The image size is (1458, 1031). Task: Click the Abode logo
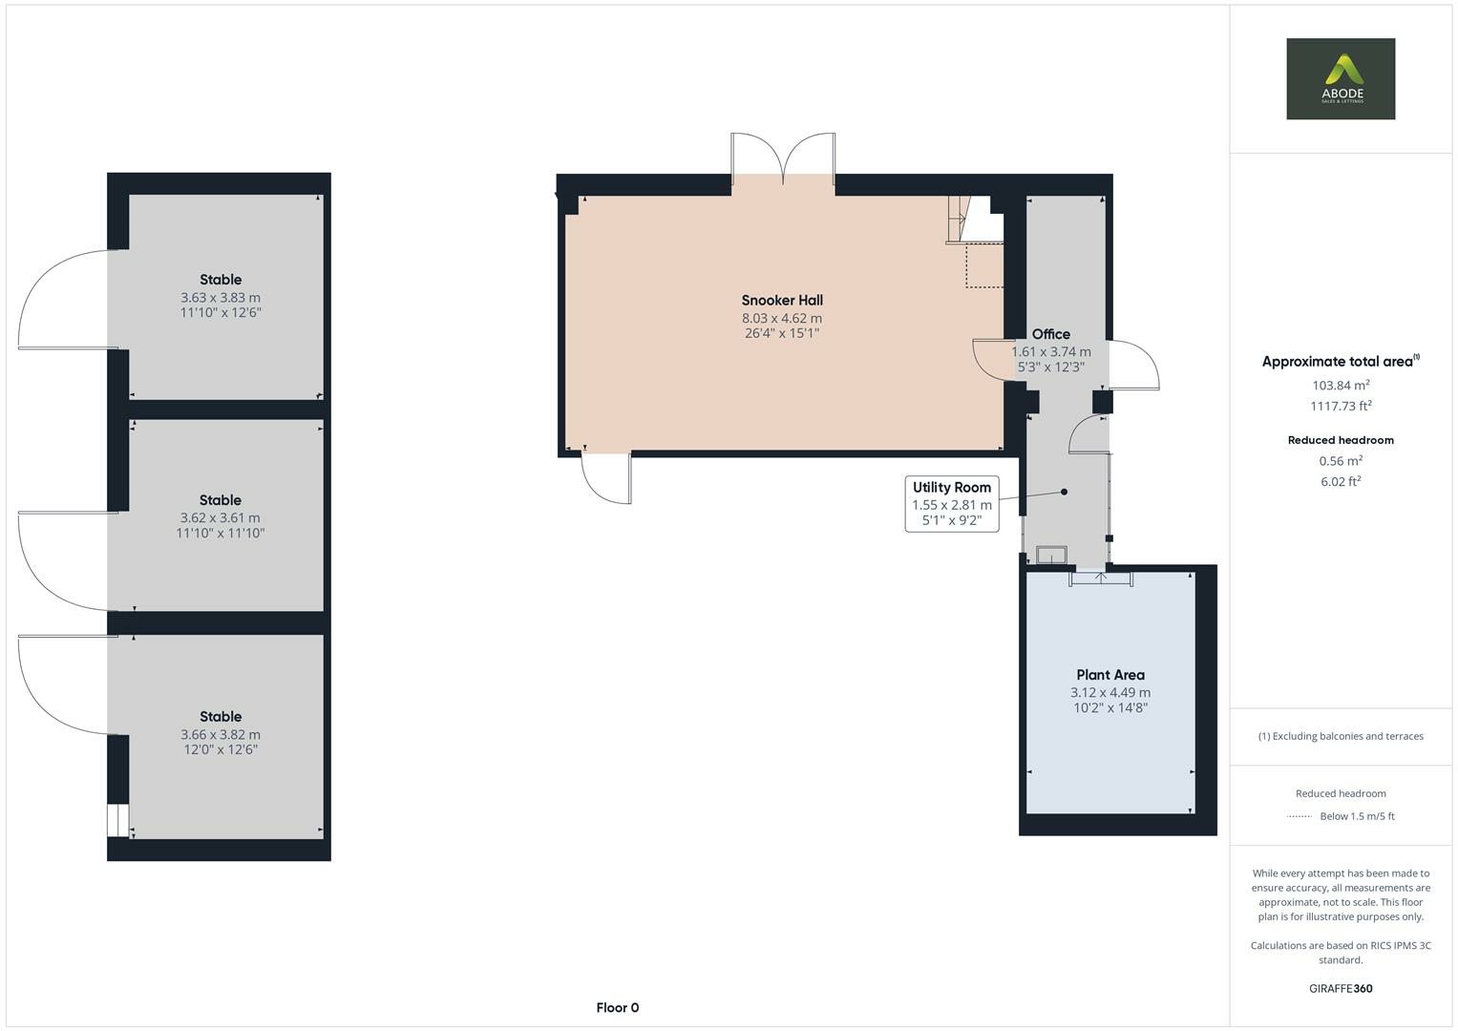pyautogui.click(x=1341, y=78)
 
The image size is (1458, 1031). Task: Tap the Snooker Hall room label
pyautogui.click(x=782, y=300)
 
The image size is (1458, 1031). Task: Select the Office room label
pyautogui.click(x=1050, y=334)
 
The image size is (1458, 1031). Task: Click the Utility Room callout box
pyautogui.click(x=952, y=504)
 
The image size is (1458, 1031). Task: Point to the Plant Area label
pyautogui.click(x=1110, y=675)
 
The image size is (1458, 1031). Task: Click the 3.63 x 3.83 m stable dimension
pyautogui.click(x=221, y=298)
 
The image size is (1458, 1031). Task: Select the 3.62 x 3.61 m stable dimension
pyautogui.click(x=220, y=518)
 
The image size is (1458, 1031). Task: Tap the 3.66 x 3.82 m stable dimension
pyautogui.click(x=221, y=734)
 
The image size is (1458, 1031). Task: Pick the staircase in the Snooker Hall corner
pyautogui.click(x=974, y=220)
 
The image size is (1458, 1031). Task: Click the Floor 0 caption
pyautogui.click(x=618, y=1007)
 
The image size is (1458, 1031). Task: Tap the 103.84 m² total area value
pyautogui.click(x=1341, y=385)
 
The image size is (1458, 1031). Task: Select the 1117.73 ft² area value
pyautogui.click(x=1341, y=406)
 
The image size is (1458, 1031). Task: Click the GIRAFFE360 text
pyautogui.click(x=1341, y=988)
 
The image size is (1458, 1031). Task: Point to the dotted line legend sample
pyautogui.click(x=1300, y=816)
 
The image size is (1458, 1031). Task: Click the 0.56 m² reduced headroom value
pyautogui.click(x=1341, y=461)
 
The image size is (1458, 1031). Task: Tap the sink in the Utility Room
pyautogui.click(x=1051, y=555)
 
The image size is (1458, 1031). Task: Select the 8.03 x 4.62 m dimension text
pyautogui.click(x=782, y=318)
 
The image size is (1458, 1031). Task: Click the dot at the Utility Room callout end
pyautogui.click(x=1065, y=492)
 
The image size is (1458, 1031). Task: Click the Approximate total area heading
pyautogui.click(x=1341, y=361)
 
